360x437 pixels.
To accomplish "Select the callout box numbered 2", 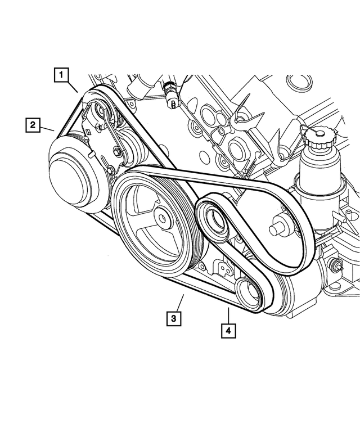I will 33,124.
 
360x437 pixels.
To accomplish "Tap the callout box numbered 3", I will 174,318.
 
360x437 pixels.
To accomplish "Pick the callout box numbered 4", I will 228,330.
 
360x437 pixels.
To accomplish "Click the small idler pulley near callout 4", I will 247,291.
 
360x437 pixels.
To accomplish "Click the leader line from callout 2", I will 47,129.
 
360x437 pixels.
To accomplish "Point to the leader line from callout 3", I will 180,300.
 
